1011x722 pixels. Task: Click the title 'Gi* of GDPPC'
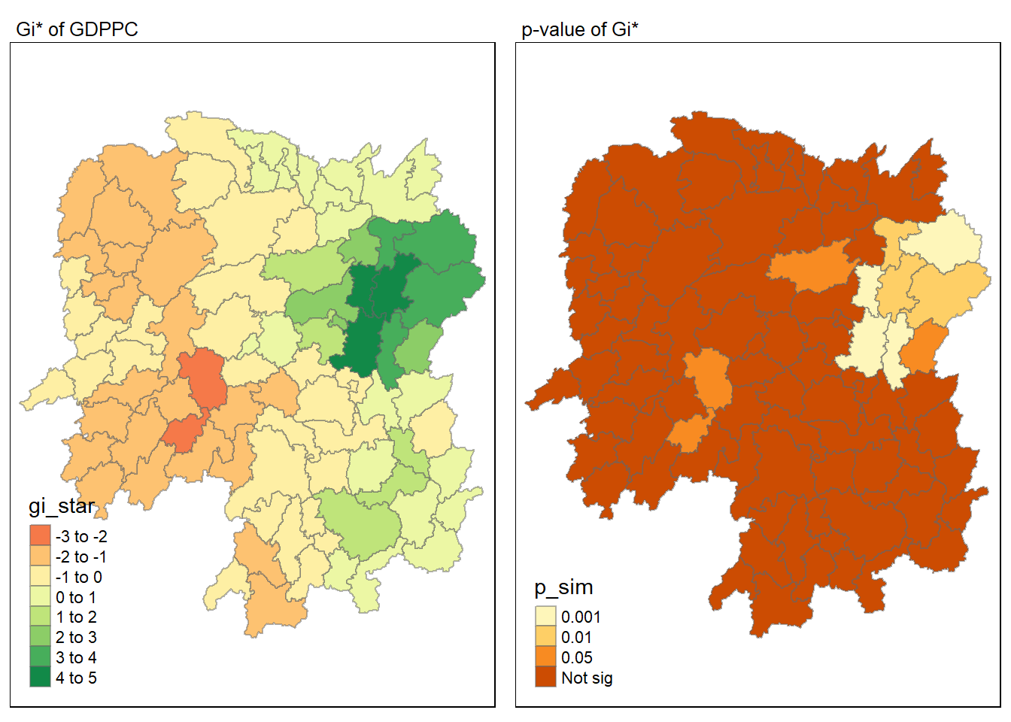[77, 29]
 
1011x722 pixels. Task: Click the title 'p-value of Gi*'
[579, 29]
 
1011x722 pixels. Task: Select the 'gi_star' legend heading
[62, 506]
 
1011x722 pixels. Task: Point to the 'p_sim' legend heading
[563, 587]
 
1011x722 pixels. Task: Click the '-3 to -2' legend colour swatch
[40, 535]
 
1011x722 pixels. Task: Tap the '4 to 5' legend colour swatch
[40, 677]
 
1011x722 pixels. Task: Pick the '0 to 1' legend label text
[76, 597]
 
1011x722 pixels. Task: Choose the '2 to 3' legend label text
[76, 637]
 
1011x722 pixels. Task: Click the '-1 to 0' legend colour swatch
[40, 576]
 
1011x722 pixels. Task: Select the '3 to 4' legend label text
[76, 657]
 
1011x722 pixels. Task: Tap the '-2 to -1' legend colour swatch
[40, 556]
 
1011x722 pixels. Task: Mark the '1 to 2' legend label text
[76, 617]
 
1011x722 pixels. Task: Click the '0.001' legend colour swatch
[545, 617]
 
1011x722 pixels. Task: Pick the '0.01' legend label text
[576, 637]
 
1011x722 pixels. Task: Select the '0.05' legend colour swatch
[545, 657]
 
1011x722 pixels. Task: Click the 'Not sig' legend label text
[587, 678]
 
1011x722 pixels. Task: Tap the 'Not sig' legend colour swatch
[545, 678]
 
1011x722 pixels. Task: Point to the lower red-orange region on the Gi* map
[183, 434]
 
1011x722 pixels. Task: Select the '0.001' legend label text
[581, 617]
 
